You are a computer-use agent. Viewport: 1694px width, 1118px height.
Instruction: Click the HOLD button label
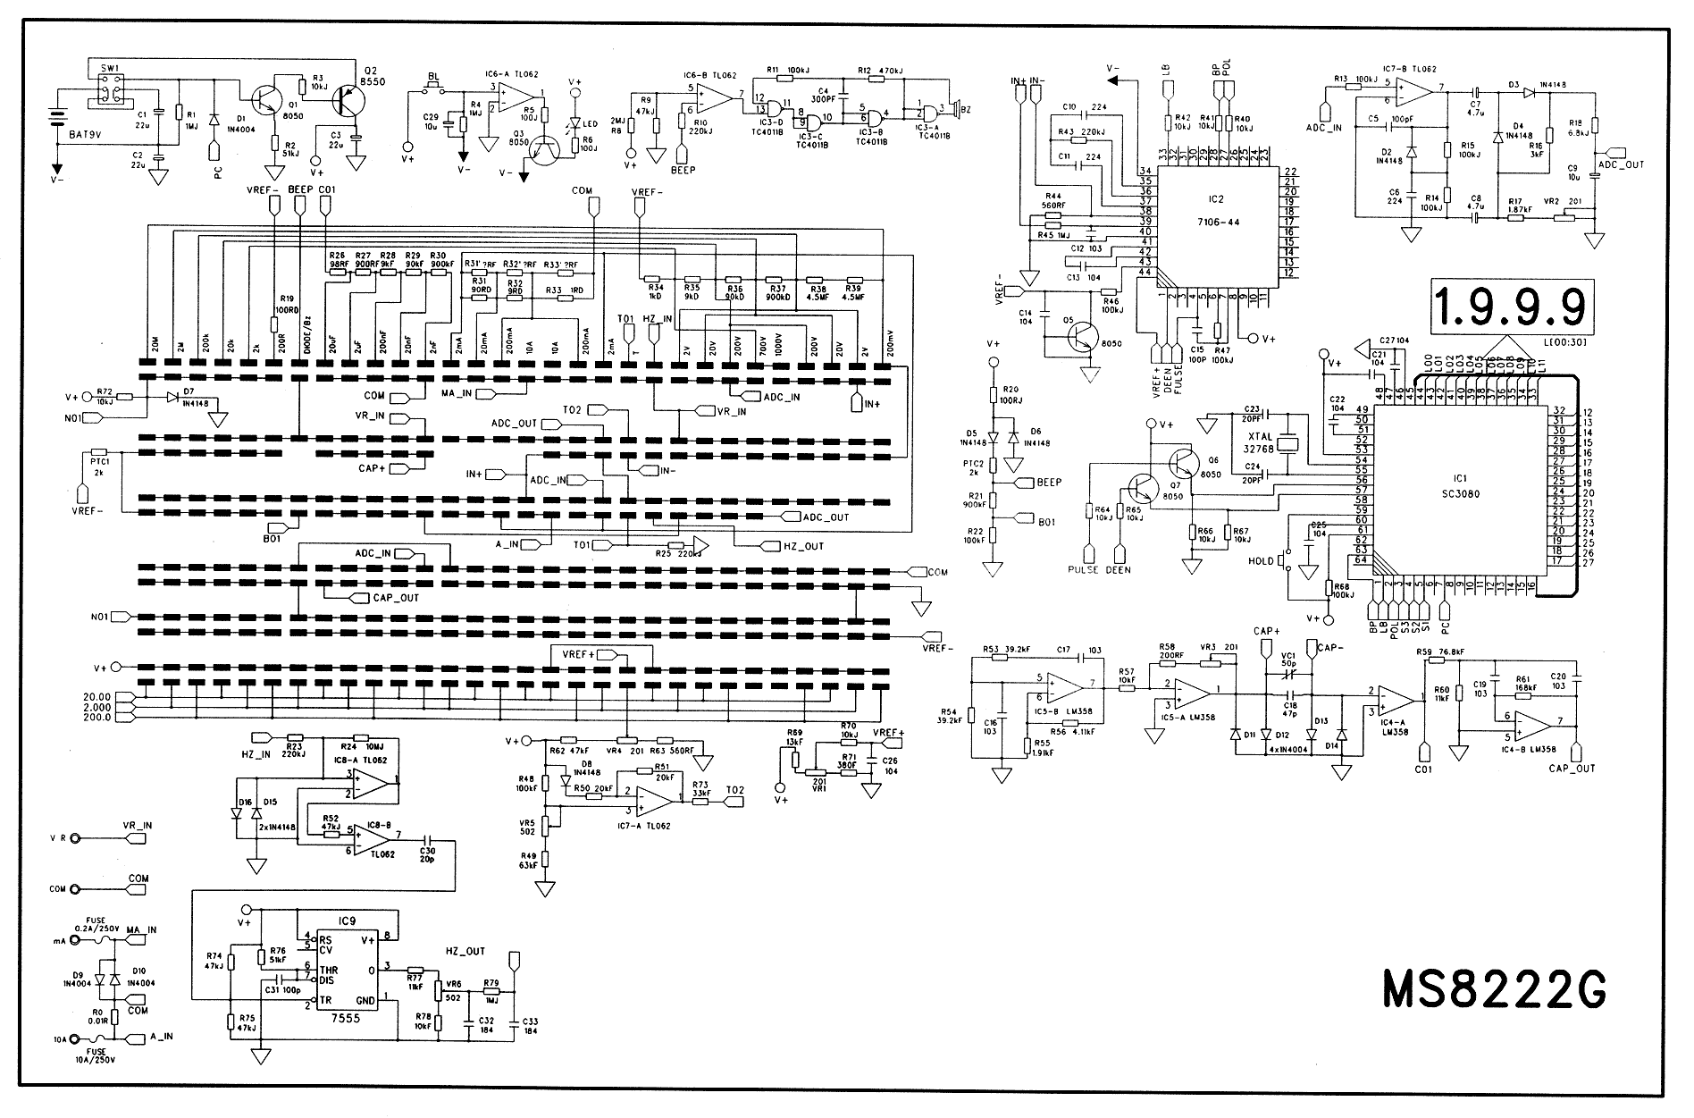[x=1261, y=561]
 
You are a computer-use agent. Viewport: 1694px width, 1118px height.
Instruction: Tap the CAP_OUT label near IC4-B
[x=1572, y=767]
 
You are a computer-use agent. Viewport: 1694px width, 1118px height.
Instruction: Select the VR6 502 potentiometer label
[x=454, y=989]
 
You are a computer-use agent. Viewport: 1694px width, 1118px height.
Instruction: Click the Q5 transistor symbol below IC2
[x=1083, y=339]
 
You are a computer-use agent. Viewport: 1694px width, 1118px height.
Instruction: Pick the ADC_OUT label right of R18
[x=1620, y=164]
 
